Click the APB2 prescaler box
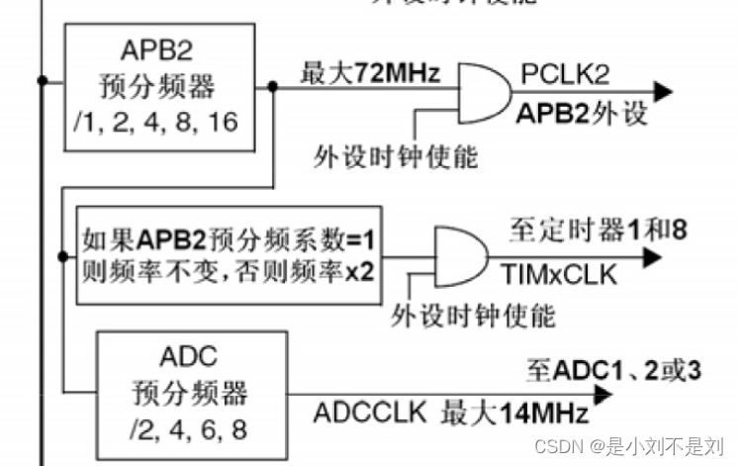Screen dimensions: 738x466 [x=155, y=85]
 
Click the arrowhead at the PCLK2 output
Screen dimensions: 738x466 [x=662, y=92]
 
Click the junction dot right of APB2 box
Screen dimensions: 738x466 [x=272, y=86]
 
